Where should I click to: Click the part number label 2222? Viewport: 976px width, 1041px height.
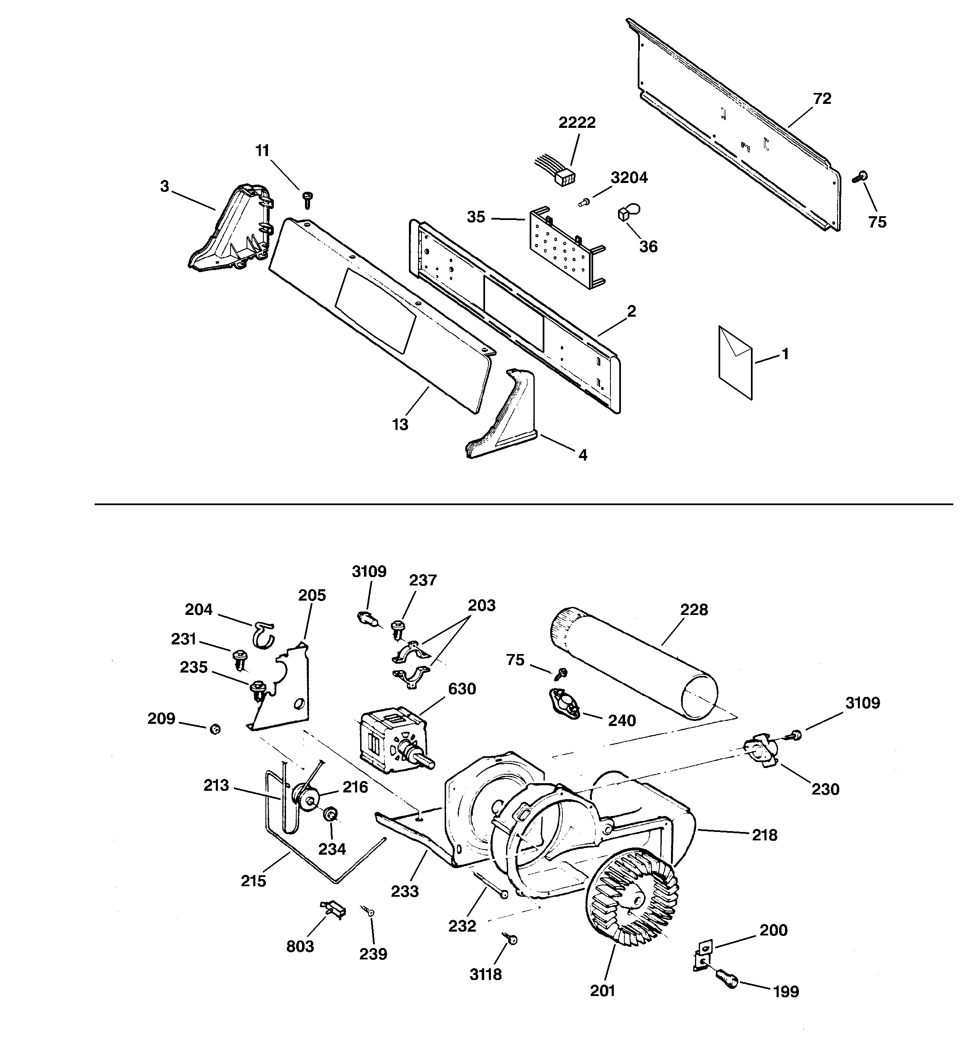pos(577,122)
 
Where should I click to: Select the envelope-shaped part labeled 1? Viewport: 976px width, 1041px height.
pos(735,362)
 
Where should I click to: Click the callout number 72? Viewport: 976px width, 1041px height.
pos(822,98)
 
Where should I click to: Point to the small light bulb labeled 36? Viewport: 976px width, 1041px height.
pos(629,212)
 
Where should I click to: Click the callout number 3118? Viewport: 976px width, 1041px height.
pos(485,974)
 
